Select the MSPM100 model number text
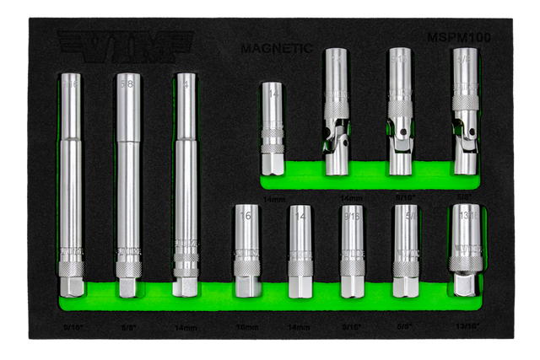(459, 38)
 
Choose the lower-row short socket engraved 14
(300, 250)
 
